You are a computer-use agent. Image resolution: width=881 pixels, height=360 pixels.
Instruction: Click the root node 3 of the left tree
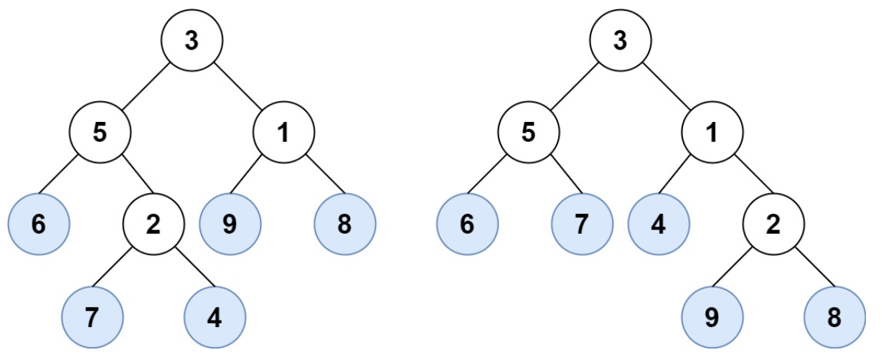tap(192, 41)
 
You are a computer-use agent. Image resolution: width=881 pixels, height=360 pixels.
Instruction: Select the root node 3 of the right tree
tap(620, 41)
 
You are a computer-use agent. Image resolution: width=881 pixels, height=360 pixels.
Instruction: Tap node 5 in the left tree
tap(100, 133)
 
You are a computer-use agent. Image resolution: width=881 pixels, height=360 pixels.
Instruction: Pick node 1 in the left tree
tap(283, 133)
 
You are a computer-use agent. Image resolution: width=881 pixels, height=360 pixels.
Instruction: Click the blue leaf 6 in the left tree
tap(39, 224)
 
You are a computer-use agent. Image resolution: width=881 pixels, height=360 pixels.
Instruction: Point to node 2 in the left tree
tap(153, 224)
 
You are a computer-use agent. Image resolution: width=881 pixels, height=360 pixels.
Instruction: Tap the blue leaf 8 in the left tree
tap(345, 224)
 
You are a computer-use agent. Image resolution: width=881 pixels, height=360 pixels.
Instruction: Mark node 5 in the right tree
tap(529, 133)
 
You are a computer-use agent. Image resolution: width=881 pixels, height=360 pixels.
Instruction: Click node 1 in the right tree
tap(712, 133)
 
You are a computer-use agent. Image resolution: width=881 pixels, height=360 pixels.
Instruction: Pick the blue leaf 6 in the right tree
tap(467, 224)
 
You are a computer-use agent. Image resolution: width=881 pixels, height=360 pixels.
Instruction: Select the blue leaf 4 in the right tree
tap(659, 224)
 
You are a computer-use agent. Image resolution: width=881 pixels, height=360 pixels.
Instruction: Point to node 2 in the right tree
tap(773, 224)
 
